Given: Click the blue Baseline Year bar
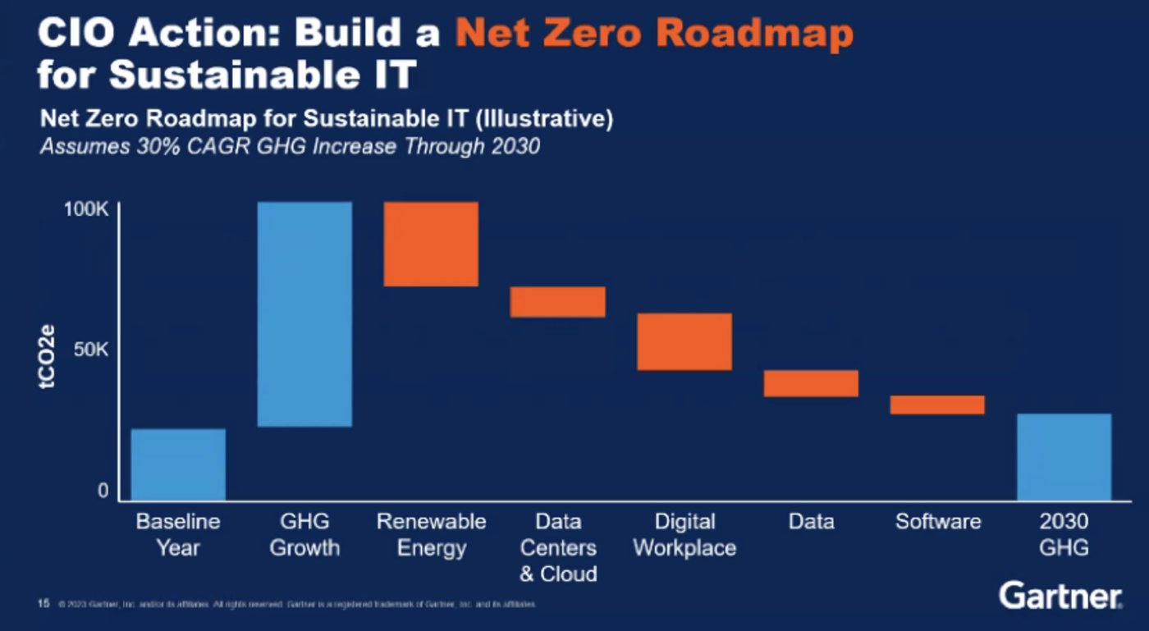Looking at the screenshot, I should click(178, 464).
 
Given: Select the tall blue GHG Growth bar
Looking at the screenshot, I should click(304, 314).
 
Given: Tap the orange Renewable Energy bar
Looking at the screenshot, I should click(431, 244).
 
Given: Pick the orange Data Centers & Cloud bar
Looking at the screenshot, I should click(557, 302).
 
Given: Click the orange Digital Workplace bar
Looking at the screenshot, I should click(684, 341).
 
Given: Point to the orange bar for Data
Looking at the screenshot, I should click(811, 383).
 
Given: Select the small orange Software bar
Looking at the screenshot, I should click(937, 405).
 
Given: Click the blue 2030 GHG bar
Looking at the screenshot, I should click(1064, 457).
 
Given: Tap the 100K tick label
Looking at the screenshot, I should click(86, 210).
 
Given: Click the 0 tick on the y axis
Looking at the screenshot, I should click(103, 491).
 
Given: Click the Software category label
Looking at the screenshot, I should click(938, 522).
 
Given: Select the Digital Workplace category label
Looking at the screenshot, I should click(684, 535).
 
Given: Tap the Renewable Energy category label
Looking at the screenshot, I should click(431, 535).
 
